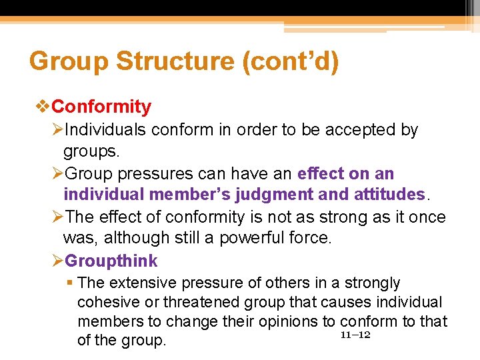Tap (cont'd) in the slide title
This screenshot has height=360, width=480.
(x=291, y=62)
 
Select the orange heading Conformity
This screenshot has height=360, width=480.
(x=101, y=107)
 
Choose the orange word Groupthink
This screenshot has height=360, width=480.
(x=111, y=261)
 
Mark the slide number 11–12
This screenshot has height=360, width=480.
(x=355, y=335)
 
